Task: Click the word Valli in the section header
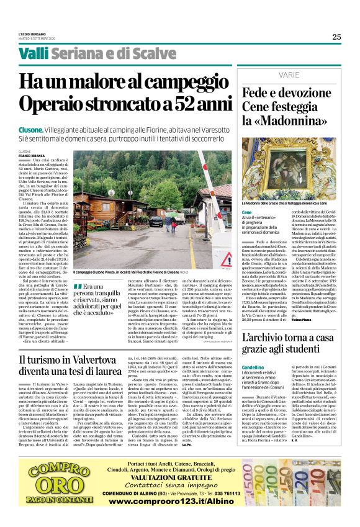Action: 33,54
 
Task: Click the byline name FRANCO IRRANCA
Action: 33,155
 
